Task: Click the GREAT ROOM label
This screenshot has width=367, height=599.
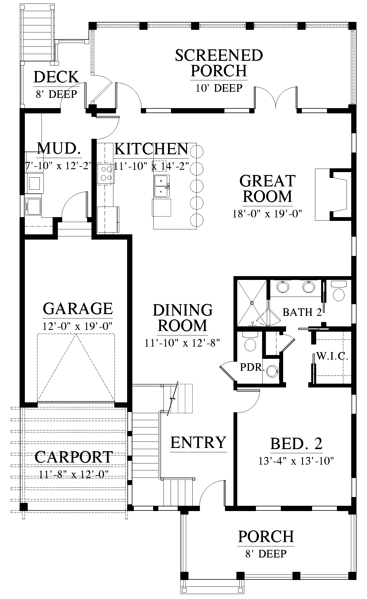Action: (267, 188)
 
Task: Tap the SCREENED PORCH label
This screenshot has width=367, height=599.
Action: (219, 63)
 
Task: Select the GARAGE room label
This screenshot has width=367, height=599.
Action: (78, 309)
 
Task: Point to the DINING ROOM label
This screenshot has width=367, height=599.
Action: (183, 318)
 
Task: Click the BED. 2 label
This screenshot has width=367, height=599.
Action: (296, 443)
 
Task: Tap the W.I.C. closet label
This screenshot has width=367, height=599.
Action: (332, 356)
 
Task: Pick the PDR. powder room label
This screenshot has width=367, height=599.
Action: (252, 367)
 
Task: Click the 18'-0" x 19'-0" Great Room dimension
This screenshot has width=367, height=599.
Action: (267, 214)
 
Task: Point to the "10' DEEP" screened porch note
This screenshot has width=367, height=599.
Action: (219, 88)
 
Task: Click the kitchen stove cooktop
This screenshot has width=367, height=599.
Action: (106, 174)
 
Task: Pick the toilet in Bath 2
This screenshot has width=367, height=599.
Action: (339, 291)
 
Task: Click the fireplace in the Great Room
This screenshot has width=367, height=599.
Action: (333, 194)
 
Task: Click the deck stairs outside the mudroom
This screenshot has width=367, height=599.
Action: (38, 34)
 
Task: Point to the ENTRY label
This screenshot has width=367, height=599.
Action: (198, 442)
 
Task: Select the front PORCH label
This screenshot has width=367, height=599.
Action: (266, 536)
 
